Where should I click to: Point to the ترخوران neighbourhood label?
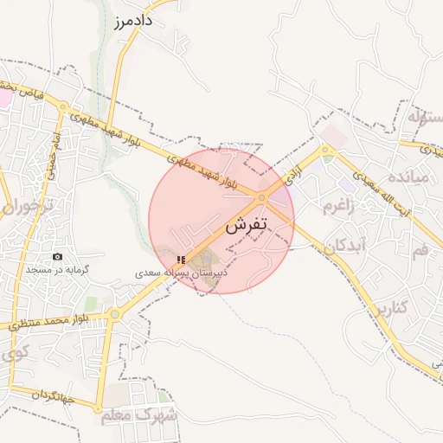27,208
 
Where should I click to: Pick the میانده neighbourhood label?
408,178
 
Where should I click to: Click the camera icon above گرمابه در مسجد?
58,257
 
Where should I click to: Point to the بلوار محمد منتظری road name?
52,321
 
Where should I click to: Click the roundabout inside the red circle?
262,198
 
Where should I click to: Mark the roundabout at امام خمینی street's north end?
63,106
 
